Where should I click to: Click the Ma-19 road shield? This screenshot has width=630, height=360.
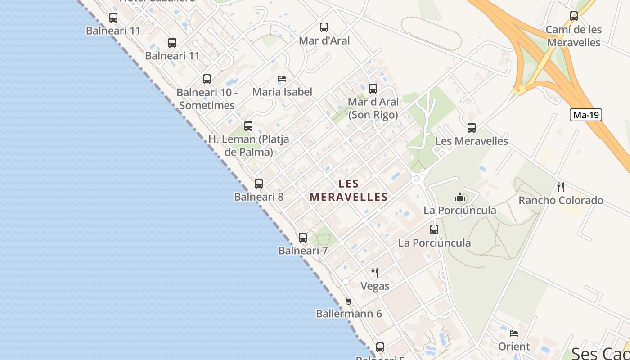(x=586, y=115)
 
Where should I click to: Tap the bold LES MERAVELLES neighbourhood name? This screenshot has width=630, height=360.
(x=349, y=190)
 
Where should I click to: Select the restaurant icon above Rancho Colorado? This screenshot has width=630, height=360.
(x=561, y=187)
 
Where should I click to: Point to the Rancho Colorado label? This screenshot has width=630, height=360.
(x=561, y=200)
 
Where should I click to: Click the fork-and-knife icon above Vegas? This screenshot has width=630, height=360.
(x=374, y=272)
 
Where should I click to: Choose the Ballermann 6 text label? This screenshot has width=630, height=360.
(x=349, y=314)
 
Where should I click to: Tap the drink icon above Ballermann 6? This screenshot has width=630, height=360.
(x=348, y=300)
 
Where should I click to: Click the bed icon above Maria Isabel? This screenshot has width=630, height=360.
(x=282, y=79)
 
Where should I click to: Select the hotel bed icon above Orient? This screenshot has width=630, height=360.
(x=514, y=333)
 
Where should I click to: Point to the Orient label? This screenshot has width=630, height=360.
(x=514, y=346)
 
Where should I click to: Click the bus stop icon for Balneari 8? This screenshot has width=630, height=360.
(x=259, y=184)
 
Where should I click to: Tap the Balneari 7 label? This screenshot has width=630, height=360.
(x=303, y=251)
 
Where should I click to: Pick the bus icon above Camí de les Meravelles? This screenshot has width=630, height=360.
(x=574, y=16)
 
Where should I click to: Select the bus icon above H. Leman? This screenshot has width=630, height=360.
(x=248, y=126)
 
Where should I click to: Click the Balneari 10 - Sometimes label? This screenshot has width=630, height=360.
(x=207, y=99)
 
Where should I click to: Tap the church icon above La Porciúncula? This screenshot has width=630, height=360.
(x=459, y=197)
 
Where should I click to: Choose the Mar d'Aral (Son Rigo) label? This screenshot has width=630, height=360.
(x=373, y=108)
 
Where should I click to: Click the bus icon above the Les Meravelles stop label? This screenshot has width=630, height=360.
(x=472, y=128)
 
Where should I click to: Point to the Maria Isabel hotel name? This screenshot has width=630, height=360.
(x=282, y=92)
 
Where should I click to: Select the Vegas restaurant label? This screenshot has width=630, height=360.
(x=375, y=286)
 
